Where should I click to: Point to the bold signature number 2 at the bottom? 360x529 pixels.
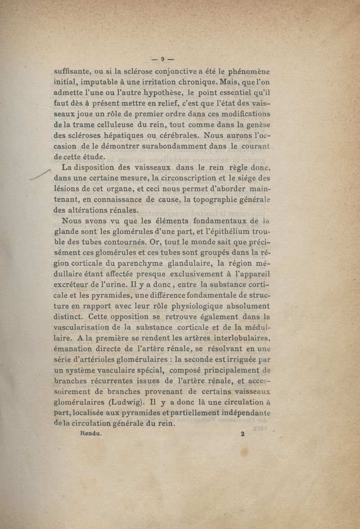click(242, 434)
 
